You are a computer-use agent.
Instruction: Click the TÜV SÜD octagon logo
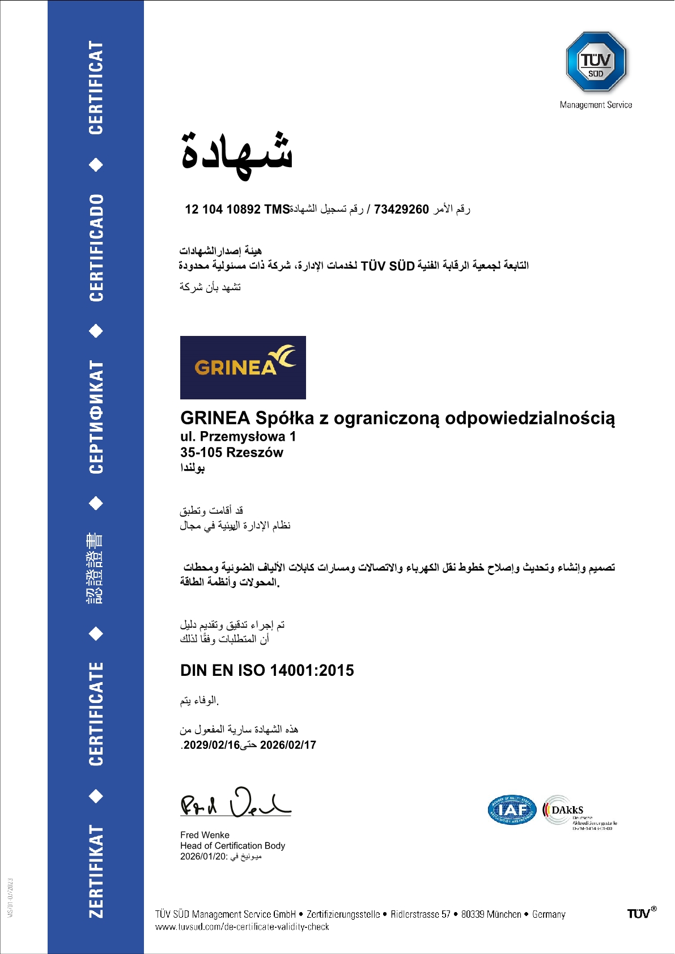[596, 62]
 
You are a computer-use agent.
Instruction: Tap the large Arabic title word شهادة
[237, 154]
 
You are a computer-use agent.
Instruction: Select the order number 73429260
[401, 210]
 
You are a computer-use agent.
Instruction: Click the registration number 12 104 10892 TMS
[237, 210]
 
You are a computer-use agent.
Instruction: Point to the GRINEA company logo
[243, 367]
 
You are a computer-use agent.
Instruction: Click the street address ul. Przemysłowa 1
[238, 436]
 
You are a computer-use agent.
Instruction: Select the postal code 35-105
[201, 452]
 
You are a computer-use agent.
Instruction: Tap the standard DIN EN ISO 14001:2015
[267, 670]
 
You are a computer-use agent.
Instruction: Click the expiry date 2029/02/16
[211, 745]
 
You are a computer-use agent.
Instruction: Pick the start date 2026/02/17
[288, 745]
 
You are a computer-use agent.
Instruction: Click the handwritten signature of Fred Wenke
[235, 803]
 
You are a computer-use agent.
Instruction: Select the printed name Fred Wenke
[205, 835]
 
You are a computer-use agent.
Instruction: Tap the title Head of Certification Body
[232, 846]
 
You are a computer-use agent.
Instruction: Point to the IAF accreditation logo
[512, 810]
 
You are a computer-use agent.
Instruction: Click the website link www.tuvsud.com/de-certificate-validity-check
[242, 927]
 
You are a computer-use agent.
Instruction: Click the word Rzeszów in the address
[254, 452]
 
